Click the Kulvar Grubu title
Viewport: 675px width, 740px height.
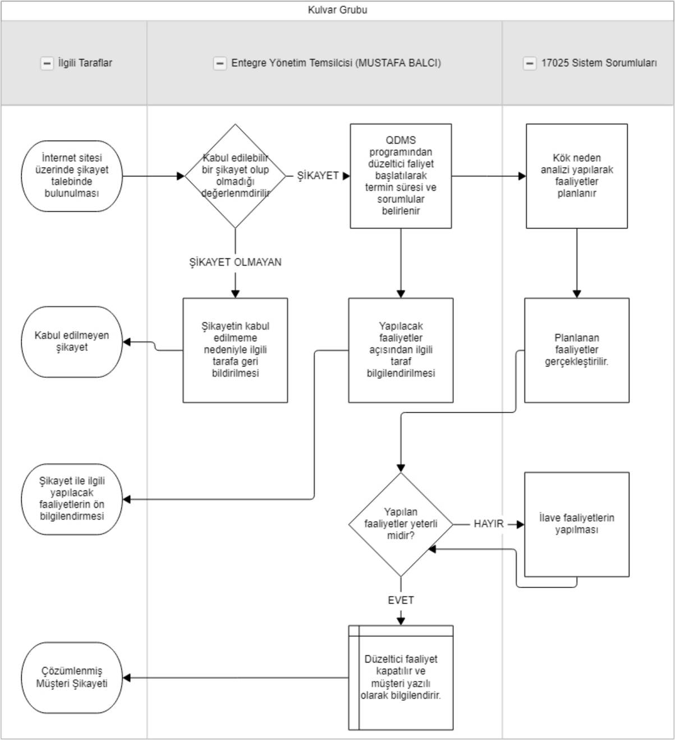click(x=338, y=10)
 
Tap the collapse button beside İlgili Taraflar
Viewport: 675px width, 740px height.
click(x=47, y=63)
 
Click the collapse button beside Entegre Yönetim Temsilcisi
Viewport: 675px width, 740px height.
click(x=220, y=63)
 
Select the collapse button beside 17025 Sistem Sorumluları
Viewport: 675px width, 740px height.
click(x=530, y=63)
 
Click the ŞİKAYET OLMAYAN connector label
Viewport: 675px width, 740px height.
click(x=235, y=262)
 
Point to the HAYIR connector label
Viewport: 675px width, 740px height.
click(x=489, y=524)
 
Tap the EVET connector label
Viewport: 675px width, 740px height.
click(x=401, y=600)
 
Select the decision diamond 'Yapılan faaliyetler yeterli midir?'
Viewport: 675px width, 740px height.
click(x=401, y=524)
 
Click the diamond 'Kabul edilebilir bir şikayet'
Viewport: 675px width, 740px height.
click(x=235, y=176)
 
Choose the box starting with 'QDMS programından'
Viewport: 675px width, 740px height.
click(x=401, y=176)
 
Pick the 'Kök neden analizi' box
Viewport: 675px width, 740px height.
click(x=577, y=176)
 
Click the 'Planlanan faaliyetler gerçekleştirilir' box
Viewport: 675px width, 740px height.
click(x=577, y=350)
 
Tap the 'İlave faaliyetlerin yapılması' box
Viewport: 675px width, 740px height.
click(x=577, y=524)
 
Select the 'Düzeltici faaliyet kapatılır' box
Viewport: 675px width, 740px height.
click(x=401, y=678)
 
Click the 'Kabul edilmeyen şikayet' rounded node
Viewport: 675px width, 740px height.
click(x=72, y=341)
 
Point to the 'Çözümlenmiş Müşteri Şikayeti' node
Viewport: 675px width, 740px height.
click(x=72, y=678)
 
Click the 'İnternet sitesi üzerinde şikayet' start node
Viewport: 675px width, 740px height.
click(x=72, y=176)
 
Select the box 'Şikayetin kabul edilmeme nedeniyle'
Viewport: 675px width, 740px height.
click(x=235, y=350)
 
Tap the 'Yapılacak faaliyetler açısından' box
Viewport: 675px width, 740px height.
click(x=401, y=350)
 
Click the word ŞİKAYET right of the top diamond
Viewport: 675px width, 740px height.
click(x=318, y=175)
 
